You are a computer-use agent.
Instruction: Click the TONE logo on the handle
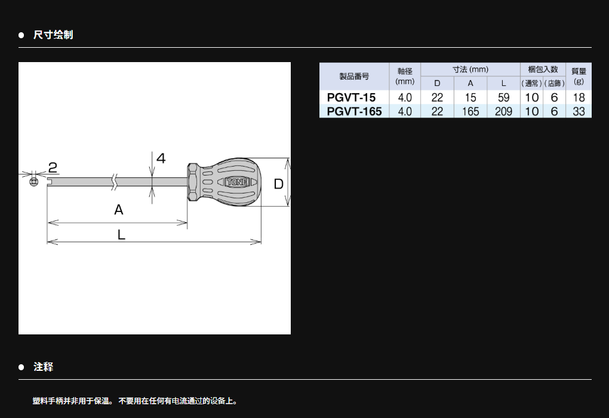point(237,182)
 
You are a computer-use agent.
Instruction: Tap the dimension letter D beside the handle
point(278,184)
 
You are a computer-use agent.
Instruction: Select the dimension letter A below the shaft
point(118,210)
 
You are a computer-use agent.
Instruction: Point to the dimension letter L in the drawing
point(121,235)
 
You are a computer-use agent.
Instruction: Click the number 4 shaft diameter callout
point(161,158)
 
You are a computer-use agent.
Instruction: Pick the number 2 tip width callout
point(53,167)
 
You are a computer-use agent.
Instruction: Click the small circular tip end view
point(34,182)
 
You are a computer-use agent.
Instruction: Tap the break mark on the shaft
point(114,182)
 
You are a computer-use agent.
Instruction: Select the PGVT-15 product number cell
point(351,97)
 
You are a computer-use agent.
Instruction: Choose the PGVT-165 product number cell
point(354,111)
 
